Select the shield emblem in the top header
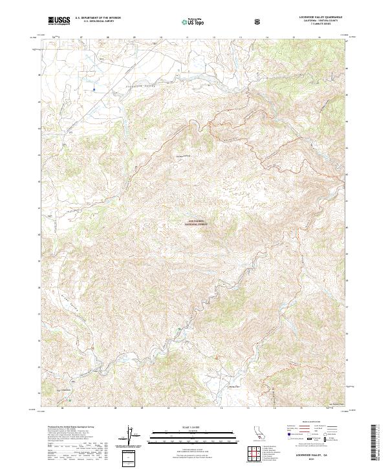[x=259, y=22]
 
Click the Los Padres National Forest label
[x=195, y=223]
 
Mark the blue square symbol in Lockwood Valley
[x=94, y=89]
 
